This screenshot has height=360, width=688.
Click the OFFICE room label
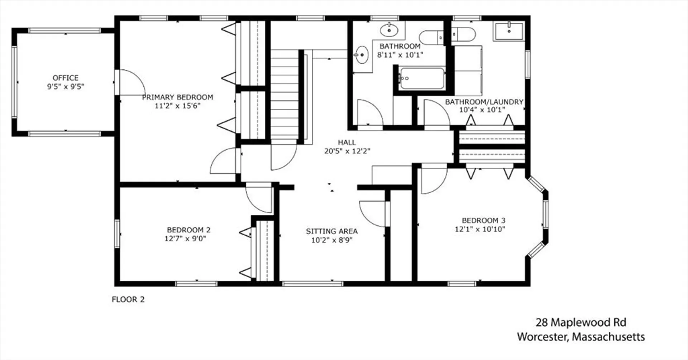point(66,78)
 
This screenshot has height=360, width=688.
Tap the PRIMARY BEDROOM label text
point(178,97)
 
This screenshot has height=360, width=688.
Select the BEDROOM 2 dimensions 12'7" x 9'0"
point(185,239)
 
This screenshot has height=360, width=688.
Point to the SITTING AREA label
point(332,231)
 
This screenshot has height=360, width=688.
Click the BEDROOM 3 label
point(483,220)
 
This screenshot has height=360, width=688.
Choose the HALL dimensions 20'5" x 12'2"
point(347,151)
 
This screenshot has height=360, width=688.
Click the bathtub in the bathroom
point(422,78)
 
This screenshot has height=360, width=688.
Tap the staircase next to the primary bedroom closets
point(285,96)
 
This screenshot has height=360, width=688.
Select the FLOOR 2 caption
point(128,299)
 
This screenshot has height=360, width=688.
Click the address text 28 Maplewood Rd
point(581,322)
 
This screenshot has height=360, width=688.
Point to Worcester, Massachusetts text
point(581,337)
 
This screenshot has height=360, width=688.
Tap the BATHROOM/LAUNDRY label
point(484,102)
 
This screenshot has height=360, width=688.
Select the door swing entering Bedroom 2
point(259,198)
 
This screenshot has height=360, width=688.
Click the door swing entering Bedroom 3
point(434,179)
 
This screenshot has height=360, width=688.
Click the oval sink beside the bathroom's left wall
point(362,55)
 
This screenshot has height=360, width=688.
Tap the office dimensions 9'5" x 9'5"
point(66,86)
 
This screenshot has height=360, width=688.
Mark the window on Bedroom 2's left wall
point(117,234)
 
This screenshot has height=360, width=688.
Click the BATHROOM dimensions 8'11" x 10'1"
point(400,55)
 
